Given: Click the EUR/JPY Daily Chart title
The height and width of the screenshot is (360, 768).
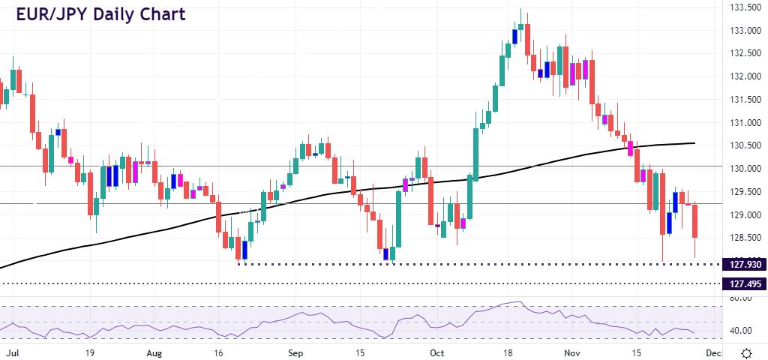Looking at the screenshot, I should coord(101,13).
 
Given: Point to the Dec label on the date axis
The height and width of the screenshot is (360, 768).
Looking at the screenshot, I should coord(712,352).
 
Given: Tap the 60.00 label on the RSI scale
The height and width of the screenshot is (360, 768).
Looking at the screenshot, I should coord(740,298).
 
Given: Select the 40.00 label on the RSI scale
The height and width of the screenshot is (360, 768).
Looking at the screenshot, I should coord(740,331).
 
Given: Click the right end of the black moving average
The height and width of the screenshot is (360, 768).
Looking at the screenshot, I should coord(693,142).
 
